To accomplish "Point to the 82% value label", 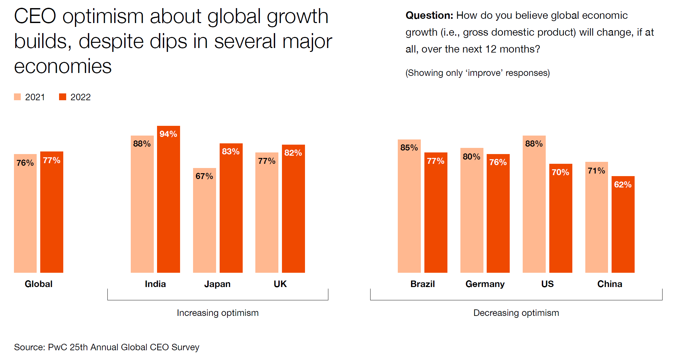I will (x=293, y=153).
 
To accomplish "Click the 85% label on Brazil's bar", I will (x=409, y=148).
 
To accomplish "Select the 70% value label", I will (x=560, y=172).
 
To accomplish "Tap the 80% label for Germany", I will (x=471, y=157).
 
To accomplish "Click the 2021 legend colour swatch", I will (x=18, y=97).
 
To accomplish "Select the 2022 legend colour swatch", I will (x=63, y=97).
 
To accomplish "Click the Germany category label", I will (x=485, y=284).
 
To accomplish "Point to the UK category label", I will (x=280, y=284).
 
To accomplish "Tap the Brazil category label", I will (x=422, y=284).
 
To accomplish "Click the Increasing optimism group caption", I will (x=218, y=313).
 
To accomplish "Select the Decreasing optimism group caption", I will (x=516, y=313).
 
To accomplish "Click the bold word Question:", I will (x=429, y=15).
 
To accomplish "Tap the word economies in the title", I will (x=63, y=66).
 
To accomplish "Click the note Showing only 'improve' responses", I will (x=478, y=73).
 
